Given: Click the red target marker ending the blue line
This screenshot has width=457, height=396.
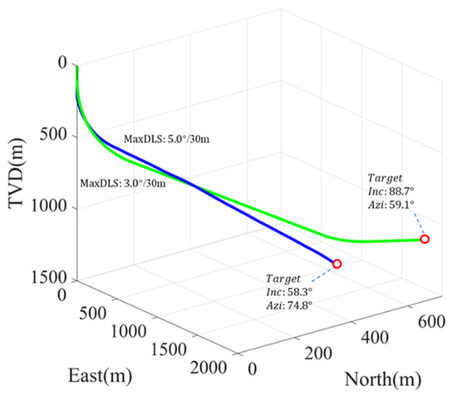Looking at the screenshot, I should point(337,264).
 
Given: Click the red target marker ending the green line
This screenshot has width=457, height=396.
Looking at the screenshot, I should point(425,240).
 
